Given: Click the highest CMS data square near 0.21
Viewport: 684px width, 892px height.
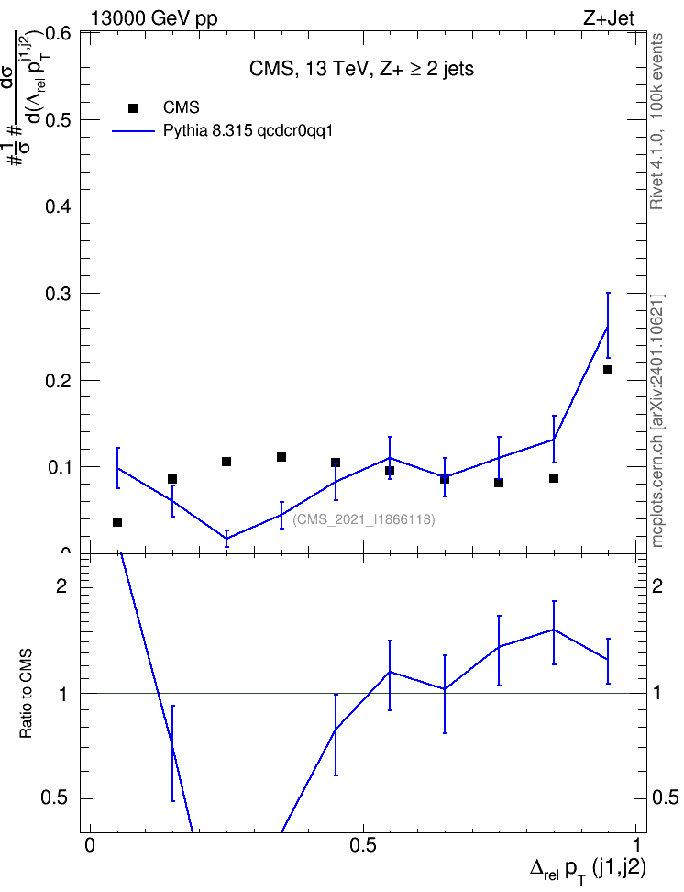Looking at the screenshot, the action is point(608,370).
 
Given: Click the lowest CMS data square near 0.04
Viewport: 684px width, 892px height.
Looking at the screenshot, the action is point(117,521).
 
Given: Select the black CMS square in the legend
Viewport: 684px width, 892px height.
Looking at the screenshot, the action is point(133,107).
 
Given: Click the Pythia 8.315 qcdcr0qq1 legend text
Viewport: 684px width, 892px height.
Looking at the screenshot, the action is point(248,131).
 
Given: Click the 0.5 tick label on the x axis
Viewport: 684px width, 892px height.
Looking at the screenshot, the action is point(363,844).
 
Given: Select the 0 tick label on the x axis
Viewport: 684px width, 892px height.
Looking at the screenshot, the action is point(89,844).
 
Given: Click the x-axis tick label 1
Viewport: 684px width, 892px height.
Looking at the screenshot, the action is point(636,844).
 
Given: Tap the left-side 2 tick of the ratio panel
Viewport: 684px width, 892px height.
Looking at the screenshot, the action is point(61,585).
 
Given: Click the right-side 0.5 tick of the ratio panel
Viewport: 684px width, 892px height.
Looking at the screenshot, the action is point(664,797).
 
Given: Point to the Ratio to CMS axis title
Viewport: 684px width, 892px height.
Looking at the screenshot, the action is point(26,694).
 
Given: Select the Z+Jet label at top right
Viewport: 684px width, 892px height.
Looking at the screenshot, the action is point(609,18).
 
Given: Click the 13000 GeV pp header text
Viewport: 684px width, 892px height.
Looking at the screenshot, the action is point(154,18).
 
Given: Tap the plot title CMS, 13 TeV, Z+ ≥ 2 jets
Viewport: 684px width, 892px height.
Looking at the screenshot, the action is point(361,69).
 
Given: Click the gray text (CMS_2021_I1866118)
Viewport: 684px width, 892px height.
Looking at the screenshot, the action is point(364,519).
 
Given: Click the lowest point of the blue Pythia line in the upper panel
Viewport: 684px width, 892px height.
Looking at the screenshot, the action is point(226,538).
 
